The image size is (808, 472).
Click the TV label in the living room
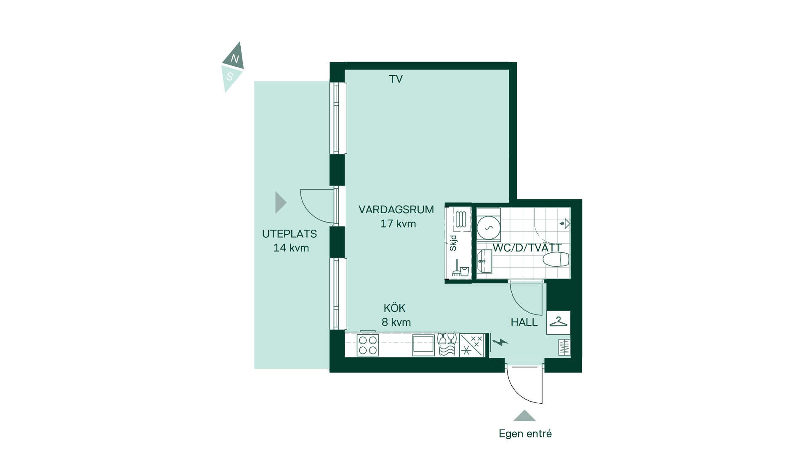396,79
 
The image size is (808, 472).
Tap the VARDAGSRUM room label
396,209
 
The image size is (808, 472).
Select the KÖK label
394,308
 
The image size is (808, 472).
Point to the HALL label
524,322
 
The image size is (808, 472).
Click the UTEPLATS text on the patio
290,234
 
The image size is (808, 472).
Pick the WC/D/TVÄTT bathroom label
527,248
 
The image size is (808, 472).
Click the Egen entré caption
525,434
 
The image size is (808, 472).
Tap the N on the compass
235,59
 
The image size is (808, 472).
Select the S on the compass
229,77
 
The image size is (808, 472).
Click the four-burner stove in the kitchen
368,345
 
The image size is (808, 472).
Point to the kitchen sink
423,345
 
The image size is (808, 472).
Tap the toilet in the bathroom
555,260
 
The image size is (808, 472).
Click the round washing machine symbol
489,228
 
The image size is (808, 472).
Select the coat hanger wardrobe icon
558,322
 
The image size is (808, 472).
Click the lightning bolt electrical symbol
500,342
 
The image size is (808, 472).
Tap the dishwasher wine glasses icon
447,345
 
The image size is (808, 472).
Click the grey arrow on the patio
281,203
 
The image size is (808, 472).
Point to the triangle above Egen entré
524,416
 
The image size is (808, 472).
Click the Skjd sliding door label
453,243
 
